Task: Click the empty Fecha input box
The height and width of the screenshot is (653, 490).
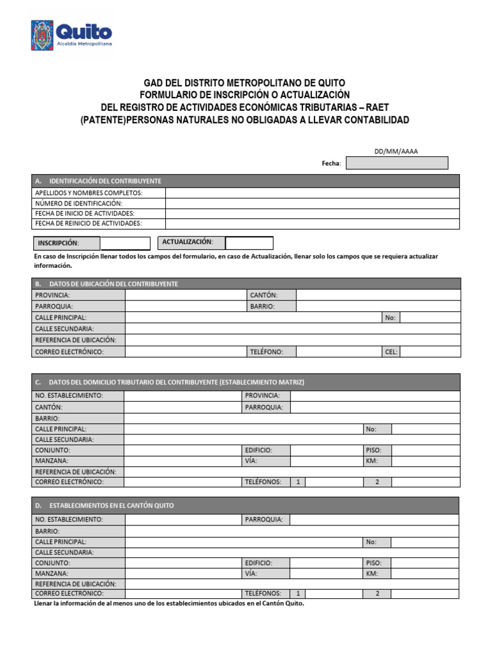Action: pos(397,163)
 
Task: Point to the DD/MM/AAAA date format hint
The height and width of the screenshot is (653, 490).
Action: pos(396,151)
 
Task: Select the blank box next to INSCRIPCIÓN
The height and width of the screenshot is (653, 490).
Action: pos(124,243)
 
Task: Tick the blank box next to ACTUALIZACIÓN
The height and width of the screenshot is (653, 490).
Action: pos(249,243)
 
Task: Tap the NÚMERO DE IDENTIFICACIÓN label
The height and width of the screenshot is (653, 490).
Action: pos(78,203)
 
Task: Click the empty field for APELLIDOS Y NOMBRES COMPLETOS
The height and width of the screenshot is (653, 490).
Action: pos(312,193)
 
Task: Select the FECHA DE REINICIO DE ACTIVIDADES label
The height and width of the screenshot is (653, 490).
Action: pos(89,223)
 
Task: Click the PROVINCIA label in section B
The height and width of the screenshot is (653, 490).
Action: pos(53,295)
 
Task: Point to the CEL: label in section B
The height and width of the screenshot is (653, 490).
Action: pos(391,351)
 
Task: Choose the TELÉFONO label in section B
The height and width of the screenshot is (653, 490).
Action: pos(266,351)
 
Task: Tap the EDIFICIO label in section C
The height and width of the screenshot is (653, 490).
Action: pos(259,450)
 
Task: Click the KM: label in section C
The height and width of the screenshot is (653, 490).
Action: pos(372,460)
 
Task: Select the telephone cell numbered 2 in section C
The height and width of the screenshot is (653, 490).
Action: pos(377,482)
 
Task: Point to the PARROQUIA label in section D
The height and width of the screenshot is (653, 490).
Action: pos(264,520)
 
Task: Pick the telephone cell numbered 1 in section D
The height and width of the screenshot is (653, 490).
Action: pos(297,594)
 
